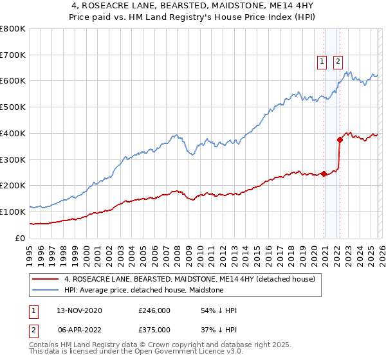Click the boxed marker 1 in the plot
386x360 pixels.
(321, 62)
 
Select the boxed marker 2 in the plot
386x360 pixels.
(338, 62)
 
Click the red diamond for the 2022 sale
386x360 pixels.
(340, 139)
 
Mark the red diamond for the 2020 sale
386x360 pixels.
(324, 173)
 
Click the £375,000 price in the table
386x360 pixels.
(154, 329)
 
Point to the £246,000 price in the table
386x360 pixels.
(154, 310)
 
